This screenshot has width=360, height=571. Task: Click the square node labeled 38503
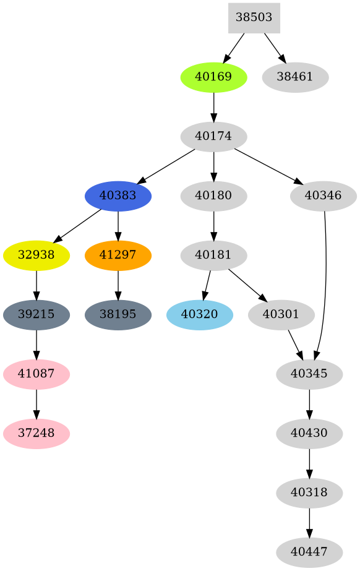(x=254, y=17)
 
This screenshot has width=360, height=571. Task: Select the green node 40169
(x=213, y=77)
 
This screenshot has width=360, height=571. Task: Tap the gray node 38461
(x=295, y=77)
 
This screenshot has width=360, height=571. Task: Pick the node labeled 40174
(x=213, y=137)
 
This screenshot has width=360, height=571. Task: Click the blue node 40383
(x=118, y=196)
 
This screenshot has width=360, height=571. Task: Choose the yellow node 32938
(x=36, y=255)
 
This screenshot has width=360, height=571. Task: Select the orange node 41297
(x=118, y=255)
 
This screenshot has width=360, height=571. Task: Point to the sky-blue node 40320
(x=199, y=314)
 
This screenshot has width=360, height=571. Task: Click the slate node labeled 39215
(x=36, y=314)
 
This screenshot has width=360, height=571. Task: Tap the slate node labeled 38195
(x=118, y=314)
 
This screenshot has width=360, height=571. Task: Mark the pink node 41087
(x=36, y=374)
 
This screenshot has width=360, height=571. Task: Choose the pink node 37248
(x=36, y=433)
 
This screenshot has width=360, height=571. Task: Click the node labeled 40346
(x=324, y=196)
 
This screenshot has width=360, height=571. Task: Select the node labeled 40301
(x=281, y=314)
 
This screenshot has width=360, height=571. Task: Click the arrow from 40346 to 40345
(x=325, y=285)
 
